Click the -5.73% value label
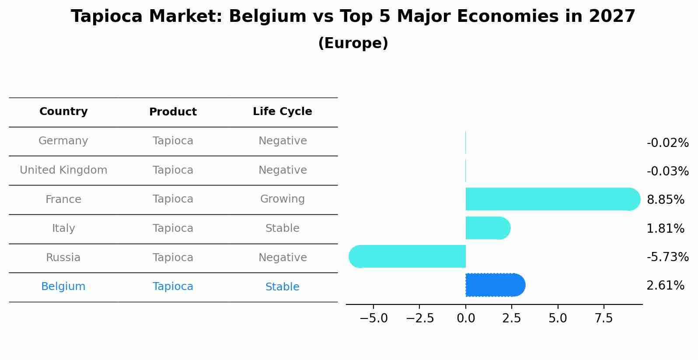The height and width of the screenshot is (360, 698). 667,257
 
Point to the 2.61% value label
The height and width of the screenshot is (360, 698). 665,286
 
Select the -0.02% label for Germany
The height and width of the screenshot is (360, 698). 667,143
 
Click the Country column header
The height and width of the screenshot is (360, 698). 63,112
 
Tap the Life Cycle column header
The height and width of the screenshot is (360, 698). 283,112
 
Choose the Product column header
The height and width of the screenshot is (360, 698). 173,112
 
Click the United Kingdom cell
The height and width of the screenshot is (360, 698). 63,170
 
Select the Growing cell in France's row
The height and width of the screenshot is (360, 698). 283,199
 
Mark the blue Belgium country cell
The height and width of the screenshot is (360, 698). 63,287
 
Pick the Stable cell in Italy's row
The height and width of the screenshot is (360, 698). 283,228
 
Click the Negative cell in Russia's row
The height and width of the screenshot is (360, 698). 283,258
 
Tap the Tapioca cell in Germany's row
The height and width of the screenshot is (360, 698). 173,141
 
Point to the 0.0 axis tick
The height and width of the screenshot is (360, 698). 466,318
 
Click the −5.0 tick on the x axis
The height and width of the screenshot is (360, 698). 373,318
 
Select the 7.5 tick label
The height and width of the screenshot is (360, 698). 604,318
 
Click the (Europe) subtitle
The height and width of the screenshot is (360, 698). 353,43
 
